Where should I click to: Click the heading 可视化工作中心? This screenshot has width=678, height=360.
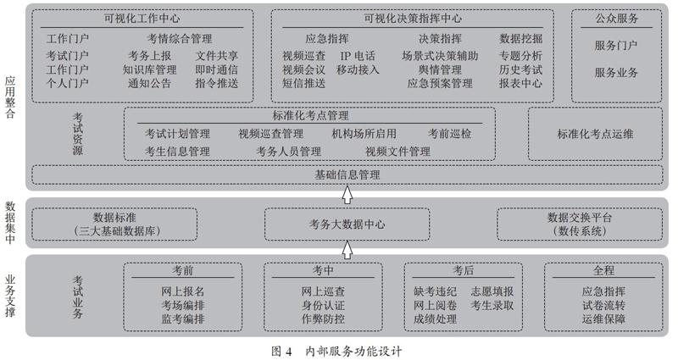pyautogui.click(x=142, y=19)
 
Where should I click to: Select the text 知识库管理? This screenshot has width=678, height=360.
pyautogui.click(x=150, y=69)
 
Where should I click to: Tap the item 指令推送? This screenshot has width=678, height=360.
pyautogui.click(x=216, y=83)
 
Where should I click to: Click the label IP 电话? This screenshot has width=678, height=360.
pyautogui.click(x=358, y=56)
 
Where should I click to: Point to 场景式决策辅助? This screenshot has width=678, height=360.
pyautogui.click(x=440, y=56)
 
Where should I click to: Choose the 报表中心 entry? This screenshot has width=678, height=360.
pyautogui.click(x=520, y=83)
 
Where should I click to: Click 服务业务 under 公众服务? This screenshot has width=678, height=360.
pyautogui.click(x=616, y=73)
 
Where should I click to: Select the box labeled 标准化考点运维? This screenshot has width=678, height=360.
pyautogui.click(x=595, y=134)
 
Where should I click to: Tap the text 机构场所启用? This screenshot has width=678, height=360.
pyautogui.click(x=364, y=134)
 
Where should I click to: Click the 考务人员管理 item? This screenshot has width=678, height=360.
pyautogui.click(x=288, y=152)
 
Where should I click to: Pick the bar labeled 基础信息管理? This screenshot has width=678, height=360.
pyautogui.click(x=347, y=174)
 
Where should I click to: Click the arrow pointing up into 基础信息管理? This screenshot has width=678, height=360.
pyautogui.click(x=347, y=195)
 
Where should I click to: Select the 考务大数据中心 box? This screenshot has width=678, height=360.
pyautogui.click(x=347, y=224)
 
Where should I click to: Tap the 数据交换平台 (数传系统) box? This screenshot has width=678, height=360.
pyautogui.click(x=580, y=224)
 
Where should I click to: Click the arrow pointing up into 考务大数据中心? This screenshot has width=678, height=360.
pyautogui.click(x=347, y=250)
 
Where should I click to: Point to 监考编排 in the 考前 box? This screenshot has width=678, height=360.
pyautogui.click(x=183, y=319)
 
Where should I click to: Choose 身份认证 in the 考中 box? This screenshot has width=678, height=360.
pyautogui.click(x=323, y=306)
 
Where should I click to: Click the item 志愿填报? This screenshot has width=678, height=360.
pyautogui.click(x=492, y=291)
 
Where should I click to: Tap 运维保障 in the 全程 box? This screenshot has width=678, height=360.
pyautogui.click(x=603, y=319)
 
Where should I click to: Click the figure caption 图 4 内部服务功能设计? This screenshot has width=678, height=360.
pyautogui.click(x=336, y=351)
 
